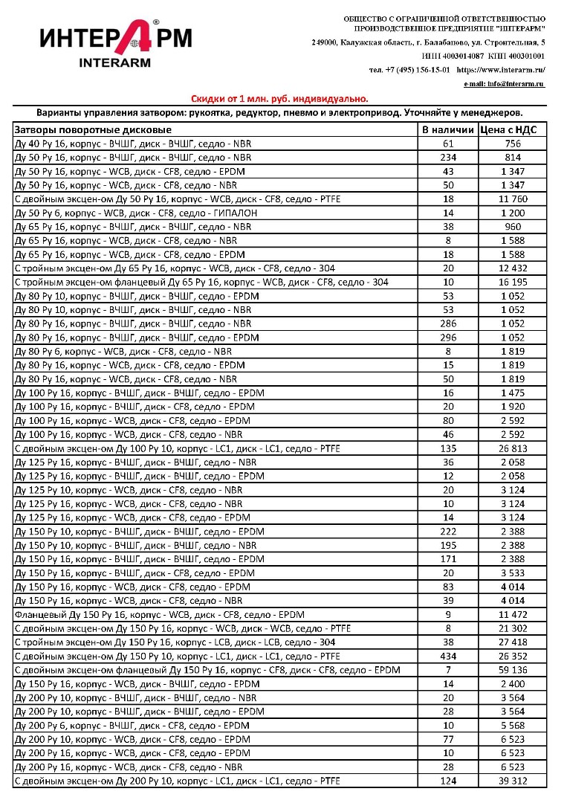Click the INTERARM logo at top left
click(114, 42)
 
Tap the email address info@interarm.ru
click(505, 83)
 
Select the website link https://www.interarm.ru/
click(501, 69)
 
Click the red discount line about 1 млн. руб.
click(279, 98)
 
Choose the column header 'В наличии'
click(448, 130)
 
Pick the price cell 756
click(513, 143)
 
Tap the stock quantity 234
click(448, 158)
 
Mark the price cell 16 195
click(513, 282)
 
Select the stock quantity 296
click(448, 338)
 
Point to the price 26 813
click(513, 448)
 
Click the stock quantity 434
click(448, 656)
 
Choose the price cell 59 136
click(513, 670)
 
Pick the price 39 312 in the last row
click(513, 781)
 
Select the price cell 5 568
click(513, 725)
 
